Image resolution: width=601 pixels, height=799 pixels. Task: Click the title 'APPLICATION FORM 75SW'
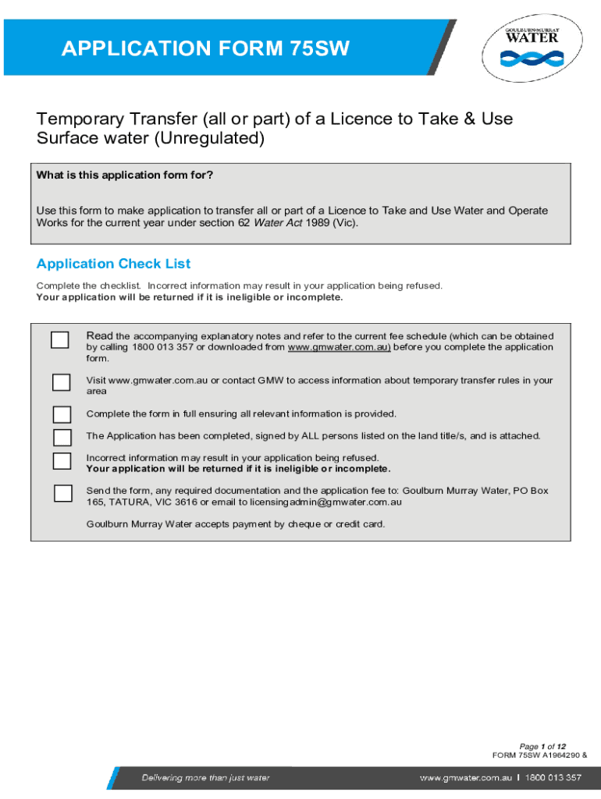click(x=205, y=49)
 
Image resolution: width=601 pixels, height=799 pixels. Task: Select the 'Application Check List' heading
click(x=113, y=264)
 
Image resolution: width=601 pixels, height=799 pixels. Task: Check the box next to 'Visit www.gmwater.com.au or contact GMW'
click(x=61, y=382)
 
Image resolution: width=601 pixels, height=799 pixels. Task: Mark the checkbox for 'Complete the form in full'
click(x=61, y=414)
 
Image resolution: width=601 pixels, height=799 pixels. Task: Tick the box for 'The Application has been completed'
click(x=61, y=436)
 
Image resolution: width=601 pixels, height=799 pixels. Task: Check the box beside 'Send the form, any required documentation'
click(x=61, y=493)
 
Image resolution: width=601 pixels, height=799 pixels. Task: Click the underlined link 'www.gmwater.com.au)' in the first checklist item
click(x=339, y=347)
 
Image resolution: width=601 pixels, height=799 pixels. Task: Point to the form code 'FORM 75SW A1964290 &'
click(x=539, y=756)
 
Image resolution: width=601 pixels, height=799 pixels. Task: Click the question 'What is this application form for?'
click(x=125, y=175)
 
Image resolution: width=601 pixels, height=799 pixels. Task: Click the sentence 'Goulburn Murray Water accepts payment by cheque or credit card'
click(x=236, y=524)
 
